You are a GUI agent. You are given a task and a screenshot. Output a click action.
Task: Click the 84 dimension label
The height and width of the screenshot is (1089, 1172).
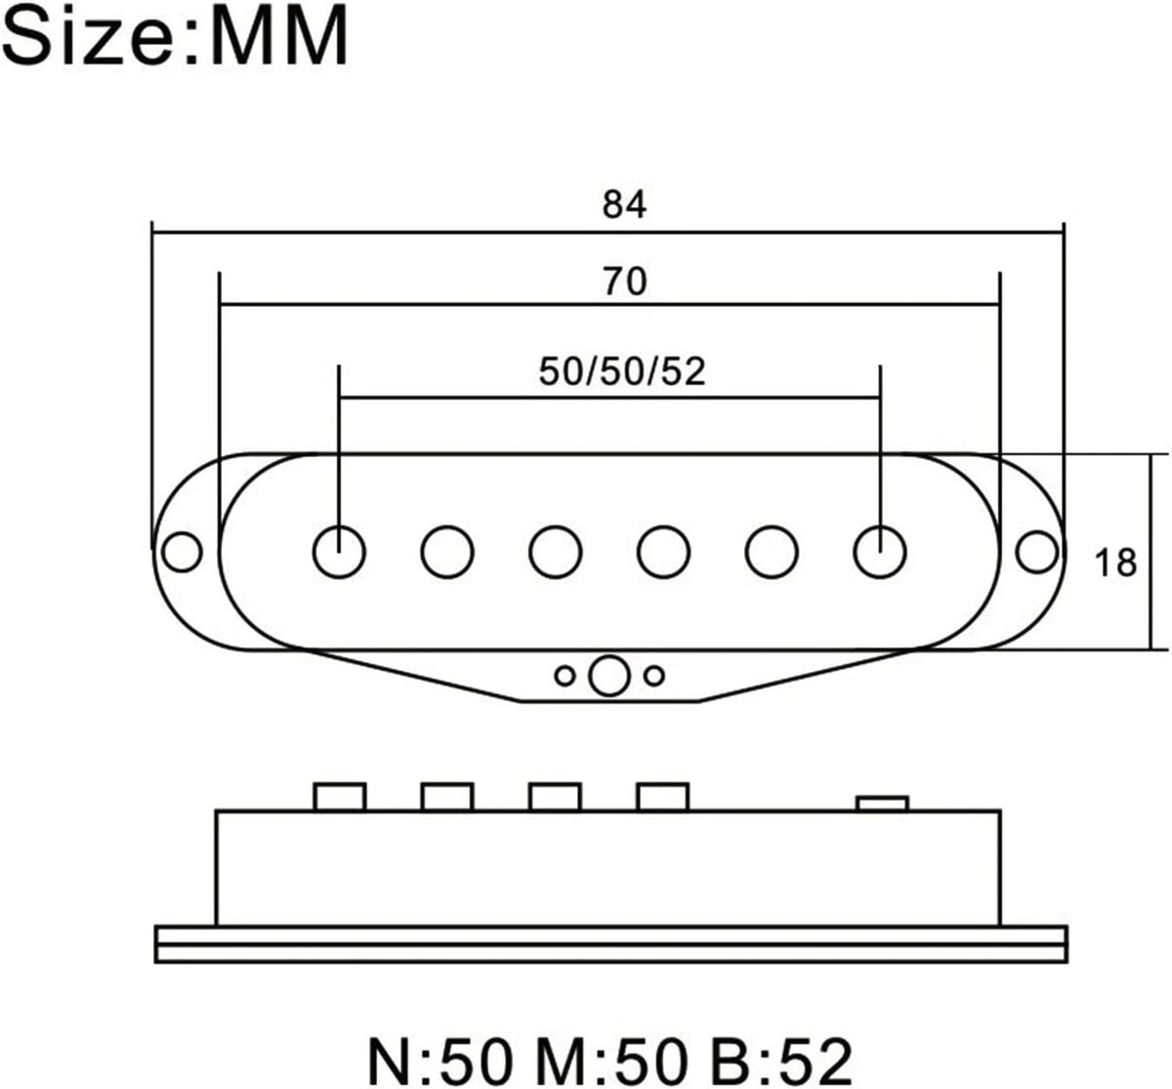pos(624,205)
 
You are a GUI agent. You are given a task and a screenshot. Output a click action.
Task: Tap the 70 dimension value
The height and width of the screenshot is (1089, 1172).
pos(624,281)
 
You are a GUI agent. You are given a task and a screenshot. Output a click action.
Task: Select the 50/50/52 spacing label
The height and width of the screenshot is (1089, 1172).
pos(622,372)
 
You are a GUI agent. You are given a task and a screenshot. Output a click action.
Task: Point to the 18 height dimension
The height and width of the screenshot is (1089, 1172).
pos(1115,563)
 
